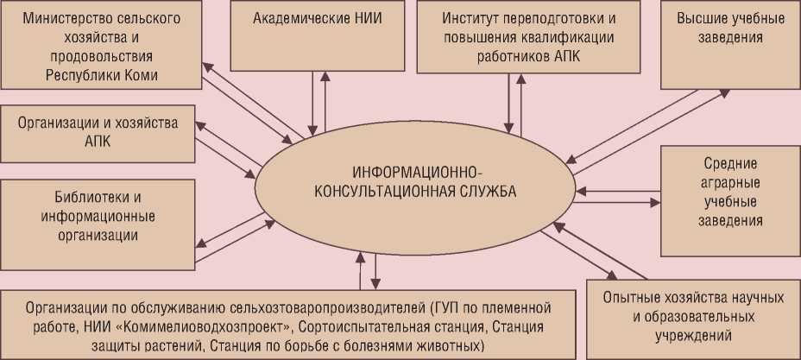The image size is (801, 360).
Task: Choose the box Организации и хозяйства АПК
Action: [98, 131]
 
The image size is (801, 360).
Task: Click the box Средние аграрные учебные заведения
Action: [729, 200]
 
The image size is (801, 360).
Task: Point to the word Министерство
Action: [62, 17]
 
